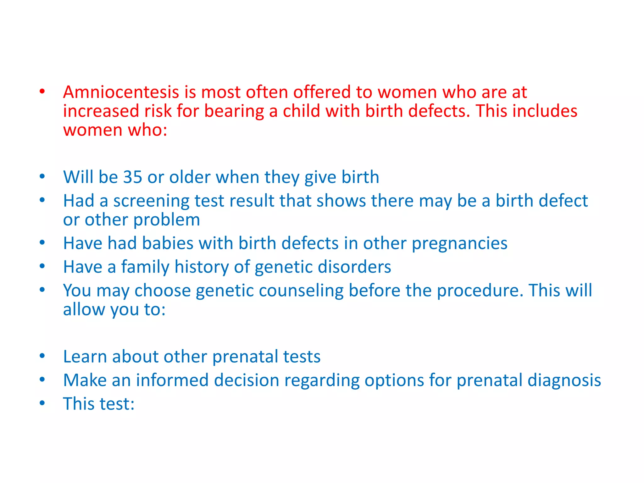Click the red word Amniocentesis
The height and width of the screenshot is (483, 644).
[x=121, y=92]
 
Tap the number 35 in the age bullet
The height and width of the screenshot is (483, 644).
[x=132, y=177]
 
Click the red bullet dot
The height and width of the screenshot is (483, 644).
[x=42, y=92]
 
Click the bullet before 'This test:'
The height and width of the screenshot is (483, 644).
[x=42, y=403]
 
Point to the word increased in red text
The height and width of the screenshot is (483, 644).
[x=101, y=111]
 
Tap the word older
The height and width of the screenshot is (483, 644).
[x=190, y=177]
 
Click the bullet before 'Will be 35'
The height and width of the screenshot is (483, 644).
[x=42, y=176]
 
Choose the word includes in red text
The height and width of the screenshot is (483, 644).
[x=545, y=111]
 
